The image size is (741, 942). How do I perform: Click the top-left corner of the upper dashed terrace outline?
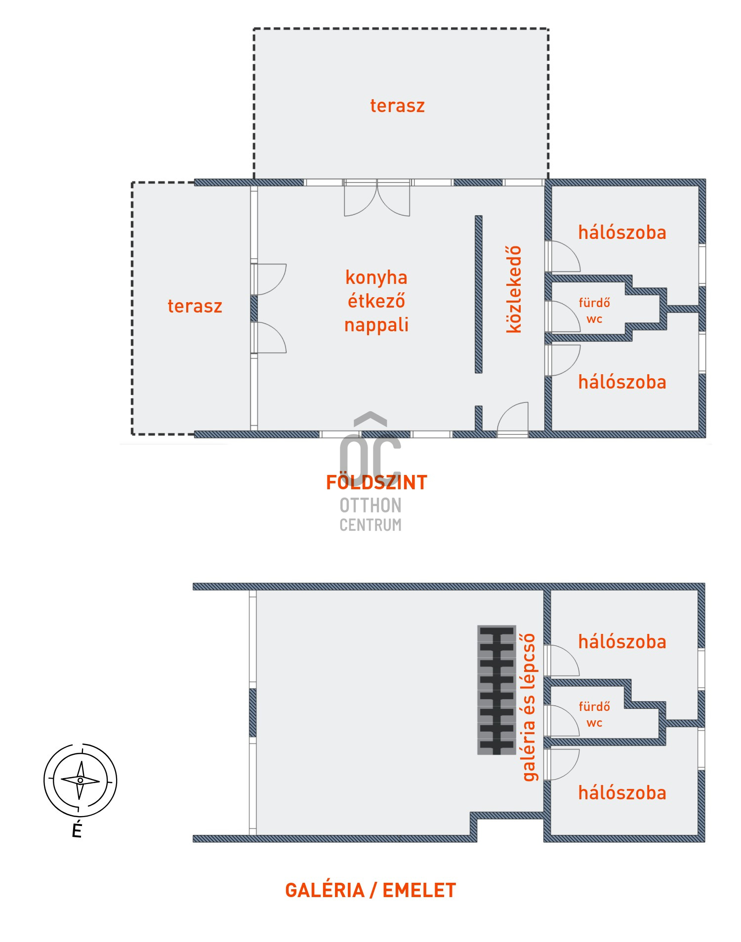254,29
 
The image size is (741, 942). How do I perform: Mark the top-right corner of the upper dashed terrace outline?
548,29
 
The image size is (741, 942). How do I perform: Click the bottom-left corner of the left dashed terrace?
132,434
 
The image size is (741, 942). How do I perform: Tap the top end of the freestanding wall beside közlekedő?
479,216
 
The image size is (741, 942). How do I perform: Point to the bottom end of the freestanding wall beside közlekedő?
479,373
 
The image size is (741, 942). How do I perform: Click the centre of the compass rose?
81,780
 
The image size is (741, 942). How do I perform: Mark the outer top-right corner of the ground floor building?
705,179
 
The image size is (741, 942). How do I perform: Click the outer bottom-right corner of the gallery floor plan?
705,842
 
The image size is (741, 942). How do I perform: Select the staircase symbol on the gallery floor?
496,690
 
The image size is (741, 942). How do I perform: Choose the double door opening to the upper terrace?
377,198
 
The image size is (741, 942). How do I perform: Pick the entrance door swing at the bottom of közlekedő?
513,419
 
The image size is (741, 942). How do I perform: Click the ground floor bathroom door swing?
563,316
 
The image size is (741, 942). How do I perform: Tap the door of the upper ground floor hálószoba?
563,256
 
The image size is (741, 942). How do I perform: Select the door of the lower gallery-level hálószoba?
562,764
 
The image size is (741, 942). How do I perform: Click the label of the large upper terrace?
397,106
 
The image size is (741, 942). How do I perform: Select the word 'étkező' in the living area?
376,301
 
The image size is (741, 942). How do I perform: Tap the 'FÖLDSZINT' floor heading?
376,482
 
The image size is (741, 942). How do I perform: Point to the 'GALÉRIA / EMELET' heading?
370,890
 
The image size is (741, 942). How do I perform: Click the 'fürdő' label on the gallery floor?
594,706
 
